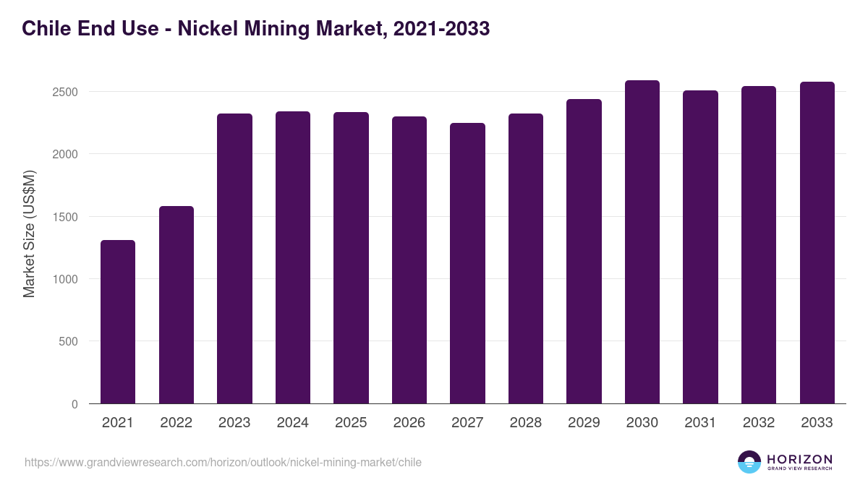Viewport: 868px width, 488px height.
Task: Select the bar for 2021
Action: (x=118, y=322)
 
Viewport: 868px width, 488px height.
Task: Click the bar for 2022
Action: (x=176, y=304)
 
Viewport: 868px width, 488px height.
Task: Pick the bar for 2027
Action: (x=467, y=263)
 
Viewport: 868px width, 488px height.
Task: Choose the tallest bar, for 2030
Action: (x=642, y=241)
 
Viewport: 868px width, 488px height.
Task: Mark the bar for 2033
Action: (x=817, y=242)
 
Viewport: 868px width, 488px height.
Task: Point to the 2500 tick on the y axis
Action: (x=64, y=92)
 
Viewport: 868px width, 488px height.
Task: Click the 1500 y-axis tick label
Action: (x=64, y=217)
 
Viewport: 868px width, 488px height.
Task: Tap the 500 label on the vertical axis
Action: (x=69, y=341)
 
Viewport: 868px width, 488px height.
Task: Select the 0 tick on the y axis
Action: (x=75, y=404)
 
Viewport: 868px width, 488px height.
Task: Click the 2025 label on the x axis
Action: (x=351, y=423)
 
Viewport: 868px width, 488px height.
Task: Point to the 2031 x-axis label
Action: (x=700, y=423)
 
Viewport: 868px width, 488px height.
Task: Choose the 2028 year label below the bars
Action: (x=525, y=423)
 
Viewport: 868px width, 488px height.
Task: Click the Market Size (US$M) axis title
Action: (x=29, y=233)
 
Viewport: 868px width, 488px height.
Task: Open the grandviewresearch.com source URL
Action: (x=223, y=462)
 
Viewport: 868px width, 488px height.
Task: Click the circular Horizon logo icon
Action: (x=749, y=462)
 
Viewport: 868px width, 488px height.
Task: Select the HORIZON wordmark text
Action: (x=799, y=458)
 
